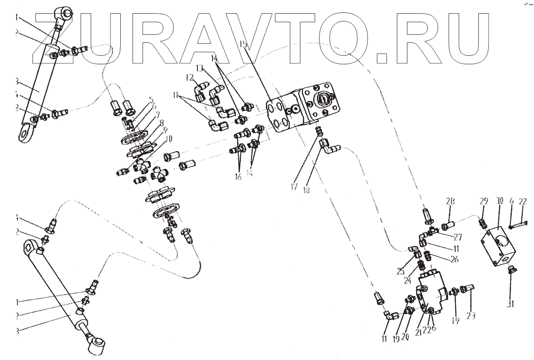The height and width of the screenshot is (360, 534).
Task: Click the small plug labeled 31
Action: click(x=510, y=270)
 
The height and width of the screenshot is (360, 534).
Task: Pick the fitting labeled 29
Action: click(x=483, y=223)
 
